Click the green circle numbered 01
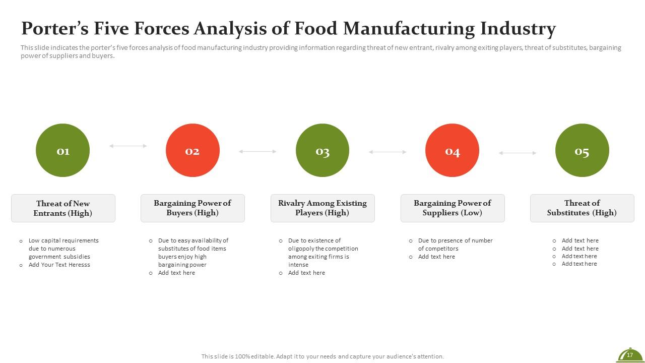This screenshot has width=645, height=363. (x=62, y=150)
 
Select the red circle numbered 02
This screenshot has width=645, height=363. (x=192, y=150)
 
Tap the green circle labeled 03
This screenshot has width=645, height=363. (x=322, y=150)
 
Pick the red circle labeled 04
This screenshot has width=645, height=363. (x=452, y=150)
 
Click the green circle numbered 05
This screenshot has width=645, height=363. (x=582, y=150)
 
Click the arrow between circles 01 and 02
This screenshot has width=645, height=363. (x=128, y=146)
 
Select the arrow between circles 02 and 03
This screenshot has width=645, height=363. (x=257, y=151)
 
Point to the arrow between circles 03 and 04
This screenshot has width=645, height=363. (x=388, y=152)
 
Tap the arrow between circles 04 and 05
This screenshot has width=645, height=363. (x=518, y=153)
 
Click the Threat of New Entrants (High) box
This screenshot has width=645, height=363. (x=63, y=208)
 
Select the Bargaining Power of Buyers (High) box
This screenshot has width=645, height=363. (x=192, y=208)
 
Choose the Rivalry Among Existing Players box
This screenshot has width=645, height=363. (x=322, y=208)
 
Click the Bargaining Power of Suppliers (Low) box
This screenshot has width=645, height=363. (x=453, y=208)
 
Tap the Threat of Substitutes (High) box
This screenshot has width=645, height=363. (x=582, y=208)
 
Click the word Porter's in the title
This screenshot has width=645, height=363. (x=54, y=29)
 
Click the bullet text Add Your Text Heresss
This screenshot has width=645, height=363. (x=59, y=265)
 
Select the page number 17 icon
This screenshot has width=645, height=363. (x=629, y=355)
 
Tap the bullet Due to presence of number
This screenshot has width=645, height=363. (x=455, y=240)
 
